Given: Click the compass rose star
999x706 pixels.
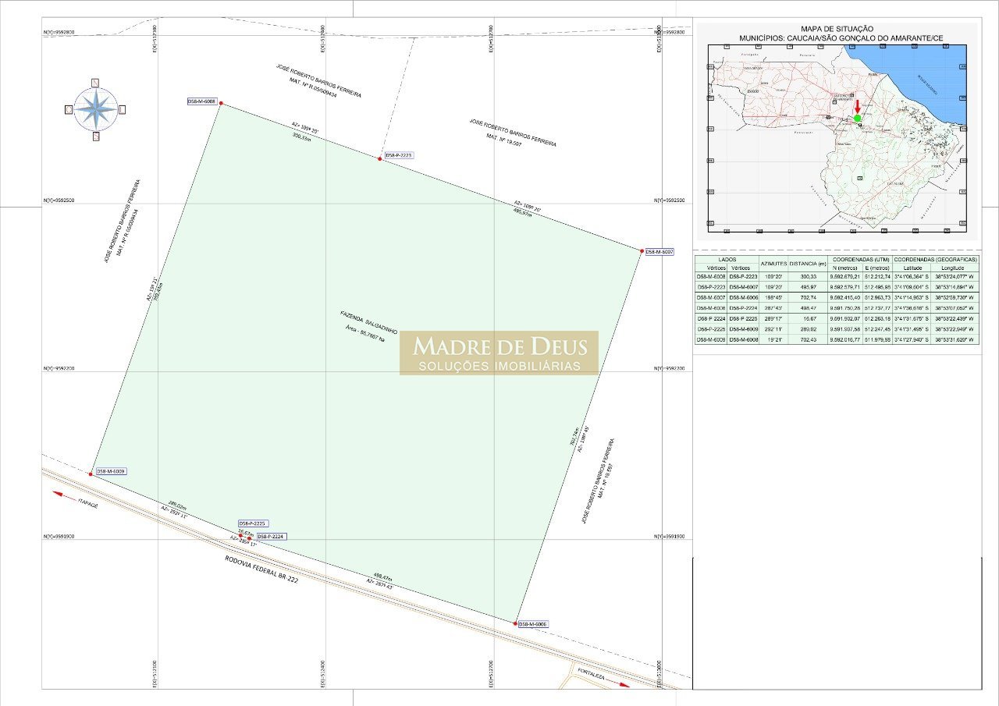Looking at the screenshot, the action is [95, 109].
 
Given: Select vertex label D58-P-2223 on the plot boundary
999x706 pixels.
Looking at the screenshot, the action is [398, 155].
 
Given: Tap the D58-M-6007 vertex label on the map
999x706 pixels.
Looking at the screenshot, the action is [659, 251].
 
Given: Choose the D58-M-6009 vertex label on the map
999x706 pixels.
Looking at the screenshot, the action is [111, 471].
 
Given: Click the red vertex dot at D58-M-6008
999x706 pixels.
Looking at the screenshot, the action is [221, 103].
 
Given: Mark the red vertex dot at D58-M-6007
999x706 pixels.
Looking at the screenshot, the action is [642, 251].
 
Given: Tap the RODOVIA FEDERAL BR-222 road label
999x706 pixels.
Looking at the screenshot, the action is [261, 569].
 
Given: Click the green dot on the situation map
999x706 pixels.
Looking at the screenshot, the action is [857, 118].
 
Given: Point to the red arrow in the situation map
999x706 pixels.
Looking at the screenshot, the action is [857, 106].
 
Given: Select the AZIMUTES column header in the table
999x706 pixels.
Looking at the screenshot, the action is [773, 263].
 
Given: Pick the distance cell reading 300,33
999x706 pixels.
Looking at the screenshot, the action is [807, 276].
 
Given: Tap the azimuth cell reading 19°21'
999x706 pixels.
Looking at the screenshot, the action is [773, 339].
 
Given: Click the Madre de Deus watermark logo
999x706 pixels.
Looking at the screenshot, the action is [499, 353].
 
